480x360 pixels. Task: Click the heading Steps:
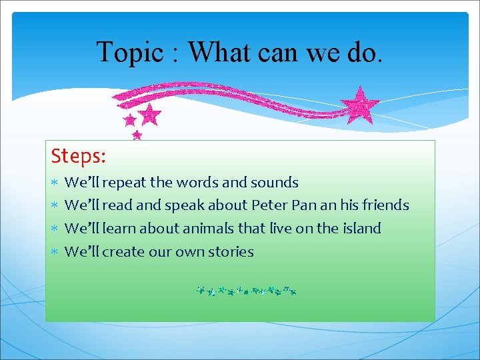coord(79,157)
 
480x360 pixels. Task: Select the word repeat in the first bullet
coord(126,183)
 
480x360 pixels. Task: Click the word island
coord(360,229)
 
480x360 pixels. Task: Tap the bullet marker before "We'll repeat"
coord(56,183)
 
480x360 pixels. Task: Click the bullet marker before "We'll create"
coord(56,252)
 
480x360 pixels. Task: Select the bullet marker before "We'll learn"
coord(56,229)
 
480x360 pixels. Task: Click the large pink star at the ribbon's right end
coord(359,104)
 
